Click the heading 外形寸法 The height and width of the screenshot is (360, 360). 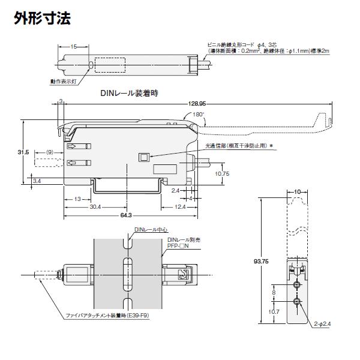tap(42, 18)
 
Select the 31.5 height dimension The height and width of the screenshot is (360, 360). tap(23, 153)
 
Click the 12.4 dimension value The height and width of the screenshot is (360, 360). tap(179, 207)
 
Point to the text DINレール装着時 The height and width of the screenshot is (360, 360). tap(128, 94)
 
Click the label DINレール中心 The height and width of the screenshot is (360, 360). tap(151, 229)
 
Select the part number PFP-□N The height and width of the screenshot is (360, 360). tap(178, 245)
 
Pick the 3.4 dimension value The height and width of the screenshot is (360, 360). tap(37, 181)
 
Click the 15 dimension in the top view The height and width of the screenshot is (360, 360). tap(73, 46)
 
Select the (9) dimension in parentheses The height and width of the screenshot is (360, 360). tap(50, 152)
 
